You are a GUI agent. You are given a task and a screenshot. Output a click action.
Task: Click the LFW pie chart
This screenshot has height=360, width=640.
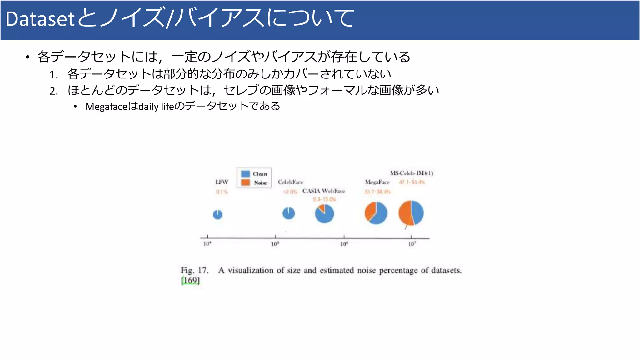pyautogui.click(x=217, y=215)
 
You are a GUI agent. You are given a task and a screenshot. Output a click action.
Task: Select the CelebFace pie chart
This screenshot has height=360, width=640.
pyautogui.click(x=288, y=213)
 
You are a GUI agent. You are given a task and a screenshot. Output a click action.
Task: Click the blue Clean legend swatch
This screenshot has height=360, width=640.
pyautogui.click(x=246, y=174)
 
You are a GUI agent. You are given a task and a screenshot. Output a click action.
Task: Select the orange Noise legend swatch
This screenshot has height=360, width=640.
pyautogui.click(x=246, y=182)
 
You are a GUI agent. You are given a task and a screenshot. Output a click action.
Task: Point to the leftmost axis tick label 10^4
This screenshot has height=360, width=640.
pyautogui.click(x=207, y=244)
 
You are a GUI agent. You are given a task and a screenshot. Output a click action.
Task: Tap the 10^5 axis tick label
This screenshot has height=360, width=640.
pyautogui.click(x=275, y=244)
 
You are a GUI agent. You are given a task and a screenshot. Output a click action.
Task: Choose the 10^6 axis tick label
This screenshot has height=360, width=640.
pyautogui.click(x=344, y=244)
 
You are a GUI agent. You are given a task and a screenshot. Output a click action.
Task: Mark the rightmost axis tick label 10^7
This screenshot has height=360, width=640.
pyautogui.click(x=412, y=244)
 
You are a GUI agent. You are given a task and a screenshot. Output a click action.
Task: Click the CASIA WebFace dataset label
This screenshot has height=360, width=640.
pyautogui.click(x=323, y=191)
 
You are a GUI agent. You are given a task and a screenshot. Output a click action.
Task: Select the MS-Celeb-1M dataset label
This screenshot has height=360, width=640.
pyautogui.click(x=411, y=173)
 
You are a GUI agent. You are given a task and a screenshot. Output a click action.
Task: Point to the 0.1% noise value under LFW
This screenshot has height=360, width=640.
pyautogui.click(x=222, y=192)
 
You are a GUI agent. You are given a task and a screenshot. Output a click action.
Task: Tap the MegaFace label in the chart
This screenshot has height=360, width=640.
pyautogui.click(x=377, y=182)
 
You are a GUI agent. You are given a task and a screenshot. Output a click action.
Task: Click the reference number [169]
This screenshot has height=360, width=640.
pyautogui.click(x=190, y=280)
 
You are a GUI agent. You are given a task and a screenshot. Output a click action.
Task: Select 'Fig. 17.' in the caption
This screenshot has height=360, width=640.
pyautogui.click(x=194, y=270)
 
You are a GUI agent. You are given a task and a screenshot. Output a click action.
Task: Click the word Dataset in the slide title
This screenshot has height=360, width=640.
pyautogui.click(x=40, y=19)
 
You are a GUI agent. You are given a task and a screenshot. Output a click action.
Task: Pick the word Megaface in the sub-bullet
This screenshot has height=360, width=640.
pyautogui.click(x=106, y=107)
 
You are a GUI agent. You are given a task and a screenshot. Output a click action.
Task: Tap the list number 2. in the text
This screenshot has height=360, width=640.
pyautogui.click(x=54, y=91)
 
